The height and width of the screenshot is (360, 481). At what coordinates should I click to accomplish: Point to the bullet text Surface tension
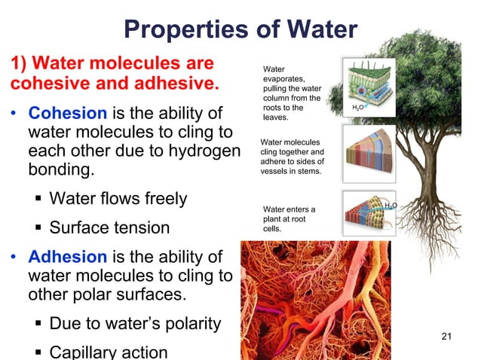(x=109, y=228)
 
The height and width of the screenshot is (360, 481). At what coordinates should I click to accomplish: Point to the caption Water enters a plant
(x=289, y=218)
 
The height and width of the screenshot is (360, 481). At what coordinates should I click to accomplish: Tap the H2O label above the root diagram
(x=391, y=205)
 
